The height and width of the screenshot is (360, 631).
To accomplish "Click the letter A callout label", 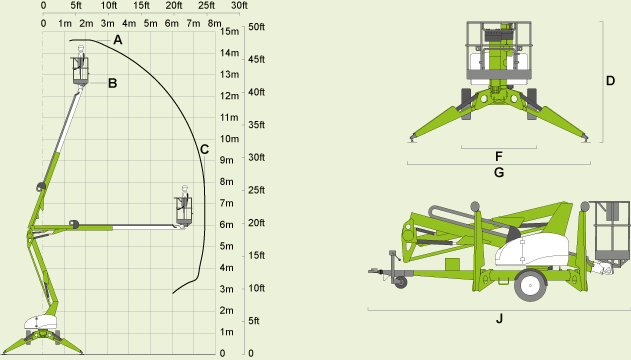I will pyautogui.click(x=117, y=40).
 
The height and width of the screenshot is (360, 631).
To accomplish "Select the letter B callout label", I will pyautogui.click(x=113, y=84).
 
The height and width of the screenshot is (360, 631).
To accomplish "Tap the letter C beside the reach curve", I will pyautogui.click(x=204, y=150).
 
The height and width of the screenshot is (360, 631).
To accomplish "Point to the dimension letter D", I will pyautogui.click(x=610, y=80).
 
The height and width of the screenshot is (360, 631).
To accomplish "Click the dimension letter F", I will pyautogui.click(x=498, y=156).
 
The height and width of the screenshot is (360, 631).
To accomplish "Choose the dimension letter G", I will pyautogui.click(x=498, y=172).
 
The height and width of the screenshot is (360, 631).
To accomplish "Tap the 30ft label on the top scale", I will pyautogui.click(x=238, y=5).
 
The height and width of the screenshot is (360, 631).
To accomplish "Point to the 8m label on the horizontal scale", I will pyautogui.click(x=215, y=22).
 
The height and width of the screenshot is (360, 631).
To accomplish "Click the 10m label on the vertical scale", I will pyautogui.click(x=228, y=139).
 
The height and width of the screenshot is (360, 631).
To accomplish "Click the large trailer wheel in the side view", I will pyautogui.click(x=530, y=287).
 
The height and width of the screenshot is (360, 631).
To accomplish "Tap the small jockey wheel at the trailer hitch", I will pyautogui.click(x=403, y=282).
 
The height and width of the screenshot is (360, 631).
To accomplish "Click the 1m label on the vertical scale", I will pyautogui.click(x=228, y=332).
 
